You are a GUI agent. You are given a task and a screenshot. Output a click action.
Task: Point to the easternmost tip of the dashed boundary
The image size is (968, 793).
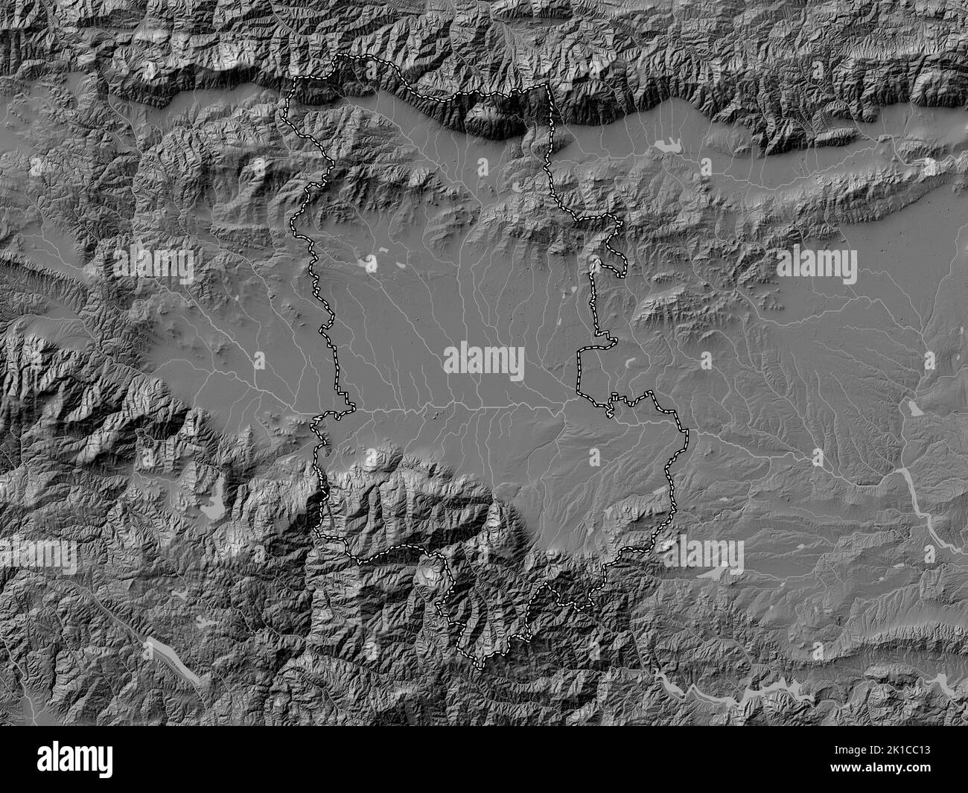(687, 431)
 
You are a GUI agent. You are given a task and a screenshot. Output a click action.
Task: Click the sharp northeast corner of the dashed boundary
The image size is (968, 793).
(547, 86)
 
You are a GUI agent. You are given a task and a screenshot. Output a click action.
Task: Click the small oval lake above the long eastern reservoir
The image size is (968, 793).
(912, 409)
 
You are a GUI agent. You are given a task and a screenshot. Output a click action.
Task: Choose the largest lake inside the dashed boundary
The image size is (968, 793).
(368, 261)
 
